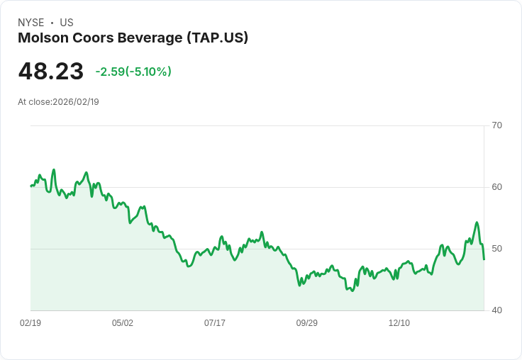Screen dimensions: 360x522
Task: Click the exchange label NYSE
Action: [x=31, y=23]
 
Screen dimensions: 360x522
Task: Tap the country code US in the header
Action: [x=66, y=23]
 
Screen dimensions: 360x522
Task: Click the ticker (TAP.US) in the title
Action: [x=217, y=38]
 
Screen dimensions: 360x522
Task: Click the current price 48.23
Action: [x=51, y=72]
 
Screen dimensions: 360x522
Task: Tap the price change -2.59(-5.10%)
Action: [x=133, y=72]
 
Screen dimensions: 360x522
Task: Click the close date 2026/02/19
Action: [x=76, y=102]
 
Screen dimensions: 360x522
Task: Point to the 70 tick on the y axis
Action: [x=496, y=125]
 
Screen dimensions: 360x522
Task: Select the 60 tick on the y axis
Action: [x=496, y=187]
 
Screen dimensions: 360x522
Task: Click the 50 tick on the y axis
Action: [x=496, y=249]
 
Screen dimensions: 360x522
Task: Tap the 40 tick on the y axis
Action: [x=496, y=310]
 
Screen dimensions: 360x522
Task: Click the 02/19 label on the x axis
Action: [x=30, y=323]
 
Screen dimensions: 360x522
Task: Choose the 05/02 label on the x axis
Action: [x=123, y=323]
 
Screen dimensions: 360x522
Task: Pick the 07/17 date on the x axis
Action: [x=215, y=323]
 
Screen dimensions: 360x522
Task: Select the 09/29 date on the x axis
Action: [x=307, y=323]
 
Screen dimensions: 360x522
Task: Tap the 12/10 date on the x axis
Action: [x=399, y=323]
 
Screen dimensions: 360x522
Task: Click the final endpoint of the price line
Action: [x=484, y=259]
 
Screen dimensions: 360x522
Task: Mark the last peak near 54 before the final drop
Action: [x=477, y=223]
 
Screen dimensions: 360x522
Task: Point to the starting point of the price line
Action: [x=30, y=186]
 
